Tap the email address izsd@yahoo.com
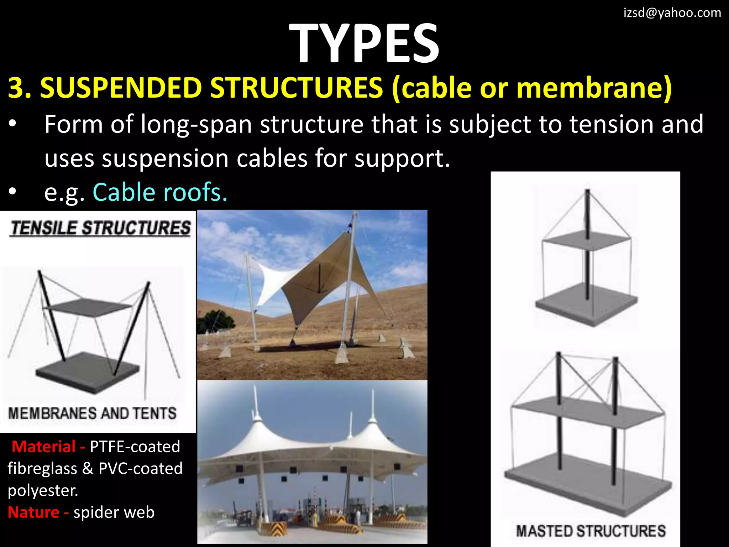coord(672,13)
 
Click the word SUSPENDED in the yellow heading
coord(121,88)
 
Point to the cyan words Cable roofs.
coord(160,192)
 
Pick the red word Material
coord(43,447)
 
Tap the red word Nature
coord(33,512)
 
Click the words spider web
coord(114,512)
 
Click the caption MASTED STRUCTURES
coord(591,531)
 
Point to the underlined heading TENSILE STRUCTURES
coord(100,228)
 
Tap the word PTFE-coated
coord(135,447)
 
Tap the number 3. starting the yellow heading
coord(20,88)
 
